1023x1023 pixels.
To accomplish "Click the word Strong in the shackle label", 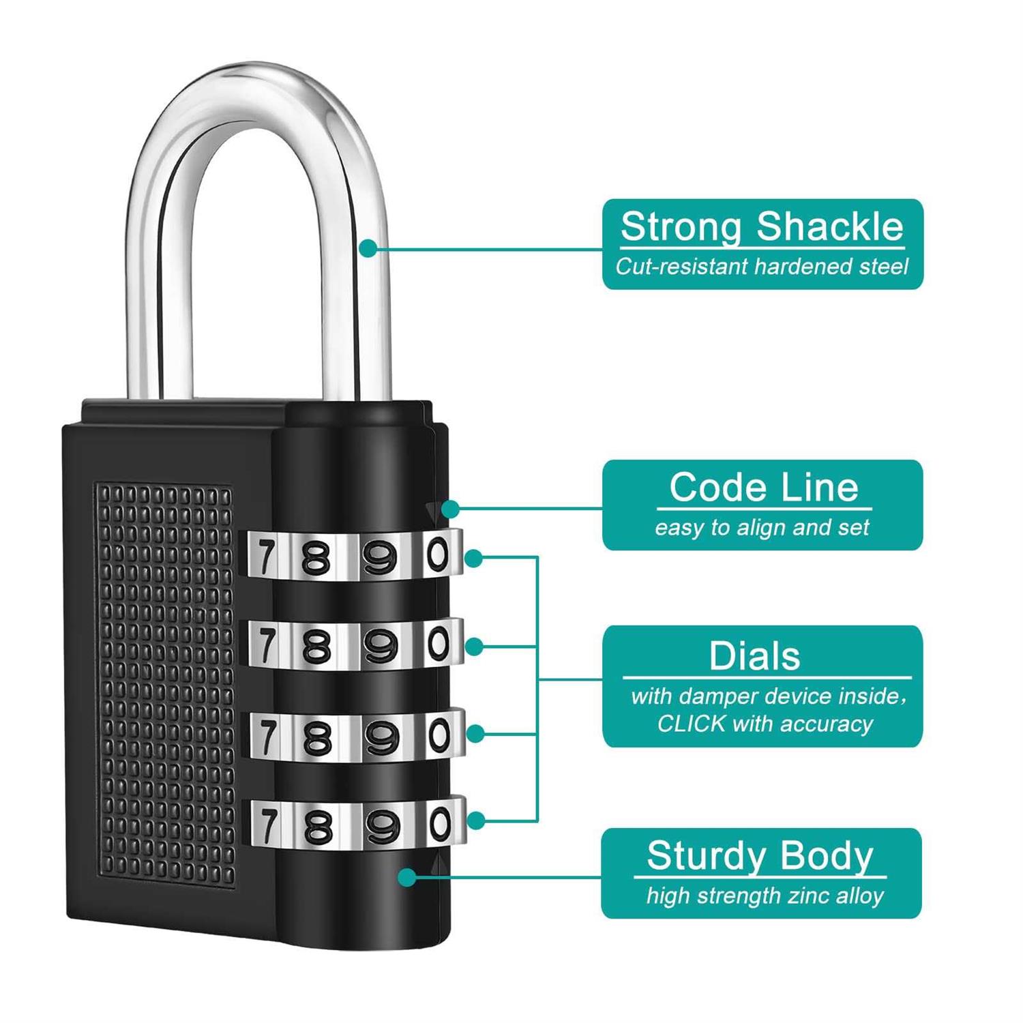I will click(x=680, y=227).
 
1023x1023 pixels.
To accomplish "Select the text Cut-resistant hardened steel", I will click(x=762, y=267).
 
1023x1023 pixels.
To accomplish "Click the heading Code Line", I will click(x=763, y=488).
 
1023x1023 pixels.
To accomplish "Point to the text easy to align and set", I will click(x=762, y=527).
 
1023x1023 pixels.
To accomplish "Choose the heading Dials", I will click(x=754, y=656).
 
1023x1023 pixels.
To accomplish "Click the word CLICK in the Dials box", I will click(x=690, y=724).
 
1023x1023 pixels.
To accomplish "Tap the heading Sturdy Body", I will click(x=760, y=855).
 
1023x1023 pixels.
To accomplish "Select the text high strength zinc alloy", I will click(x=765, y=895).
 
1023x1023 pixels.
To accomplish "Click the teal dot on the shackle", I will click(x=368, y=248).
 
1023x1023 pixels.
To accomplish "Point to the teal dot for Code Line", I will click(x=450, y=509).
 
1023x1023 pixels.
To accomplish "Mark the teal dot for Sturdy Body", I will click(x=407, y=877).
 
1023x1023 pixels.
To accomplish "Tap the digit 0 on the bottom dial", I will click(x=441, y=823).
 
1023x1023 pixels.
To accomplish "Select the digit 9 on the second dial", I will click(x=380, y=646).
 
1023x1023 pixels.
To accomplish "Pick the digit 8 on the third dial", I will click(x=316, y=738).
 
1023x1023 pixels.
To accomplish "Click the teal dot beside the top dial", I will click(x=473, y=558).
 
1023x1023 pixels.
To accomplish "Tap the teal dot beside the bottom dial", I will click(x=476, y=820).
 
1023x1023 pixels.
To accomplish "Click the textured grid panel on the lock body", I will click(x=166, y=682).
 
